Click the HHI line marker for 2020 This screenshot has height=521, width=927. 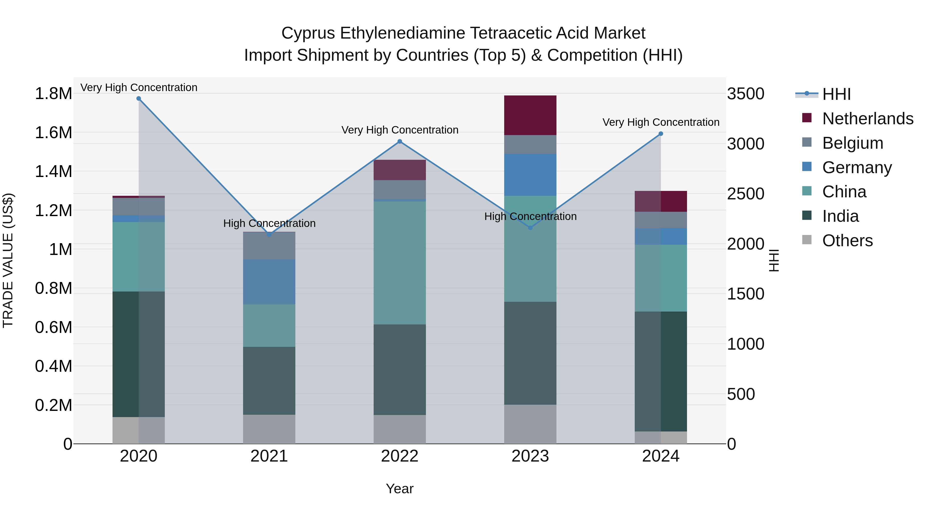139,99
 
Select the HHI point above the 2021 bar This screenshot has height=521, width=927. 269,234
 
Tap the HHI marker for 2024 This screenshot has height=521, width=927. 661,134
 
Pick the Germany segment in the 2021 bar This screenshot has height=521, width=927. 269,282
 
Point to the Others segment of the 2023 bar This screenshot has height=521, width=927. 530,424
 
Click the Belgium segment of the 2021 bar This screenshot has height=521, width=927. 269,246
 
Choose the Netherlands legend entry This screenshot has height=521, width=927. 868,119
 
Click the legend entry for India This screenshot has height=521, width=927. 840,216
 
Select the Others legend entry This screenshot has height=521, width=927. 847,241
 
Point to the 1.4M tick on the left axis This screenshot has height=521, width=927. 53,172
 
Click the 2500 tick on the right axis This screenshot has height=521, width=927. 746,194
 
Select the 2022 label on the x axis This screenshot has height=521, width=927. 399,456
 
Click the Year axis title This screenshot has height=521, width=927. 399,489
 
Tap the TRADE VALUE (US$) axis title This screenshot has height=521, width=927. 8,260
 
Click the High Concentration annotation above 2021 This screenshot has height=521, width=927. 269,223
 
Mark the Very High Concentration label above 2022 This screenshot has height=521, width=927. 399,130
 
